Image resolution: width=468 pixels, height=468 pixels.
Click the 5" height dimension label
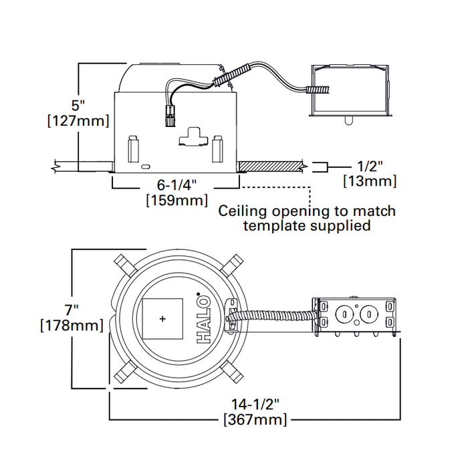click(x=80, y=106)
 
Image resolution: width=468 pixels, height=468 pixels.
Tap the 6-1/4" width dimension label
click(x=176, y=185)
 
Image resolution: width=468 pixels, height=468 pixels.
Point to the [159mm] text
click(x=176, y=200)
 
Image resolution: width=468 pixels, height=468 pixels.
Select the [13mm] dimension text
click(x=369, y=181)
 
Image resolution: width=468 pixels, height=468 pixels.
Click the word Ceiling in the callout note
click(x=244, y=211)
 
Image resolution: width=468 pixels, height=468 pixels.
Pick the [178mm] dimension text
click(x=72, y=326)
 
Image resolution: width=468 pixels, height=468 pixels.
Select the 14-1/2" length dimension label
click(x=255, y=404)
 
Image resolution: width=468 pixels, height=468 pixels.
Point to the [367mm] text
click(x=255, y=420)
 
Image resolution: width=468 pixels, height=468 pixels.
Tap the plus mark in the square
click(x=162, y=319)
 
